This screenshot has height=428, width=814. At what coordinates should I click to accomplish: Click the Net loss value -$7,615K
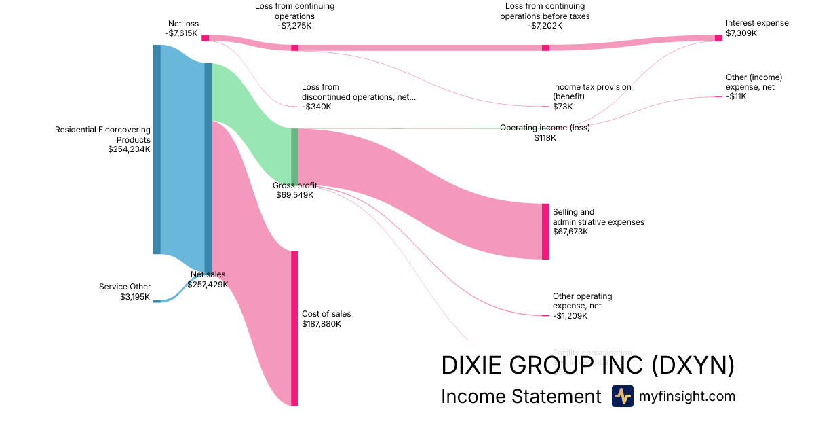point(182,33)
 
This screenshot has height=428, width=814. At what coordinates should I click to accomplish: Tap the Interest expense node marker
point(718,38)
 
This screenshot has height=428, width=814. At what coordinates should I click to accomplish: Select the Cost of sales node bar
point(294,328)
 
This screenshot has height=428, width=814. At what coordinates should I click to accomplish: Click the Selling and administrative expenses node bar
point(545,231)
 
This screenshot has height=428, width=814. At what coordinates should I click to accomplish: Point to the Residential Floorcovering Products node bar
point(157,149)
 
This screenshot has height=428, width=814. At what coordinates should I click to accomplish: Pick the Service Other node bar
point(157,300)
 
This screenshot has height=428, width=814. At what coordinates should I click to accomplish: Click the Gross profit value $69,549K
point(294,195)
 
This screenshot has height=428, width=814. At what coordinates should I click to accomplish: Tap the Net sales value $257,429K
point(208,284)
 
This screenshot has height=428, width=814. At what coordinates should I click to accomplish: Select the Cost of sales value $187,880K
point(322,324)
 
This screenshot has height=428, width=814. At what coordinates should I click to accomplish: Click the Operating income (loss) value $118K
point(545,138)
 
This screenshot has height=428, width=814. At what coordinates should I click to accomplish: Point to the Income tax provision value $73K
point(562,107)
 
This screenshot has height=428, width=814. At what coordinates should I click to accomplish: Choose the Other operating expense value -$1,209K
point(570,316)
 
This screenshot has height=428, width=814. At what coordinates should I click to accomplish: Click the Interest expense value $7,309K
point(741,33)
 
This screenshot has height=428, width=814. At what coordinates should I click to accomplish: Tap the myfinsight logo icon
point(622,396)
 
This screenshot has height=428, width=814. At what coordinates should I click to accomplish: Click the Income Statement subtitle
point(521,396)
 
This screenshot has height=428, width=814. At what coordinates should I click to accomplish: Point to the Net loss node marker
point(205,38)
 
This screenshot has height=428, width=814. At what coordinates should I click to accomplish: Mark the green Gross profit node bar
point(294,156)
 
